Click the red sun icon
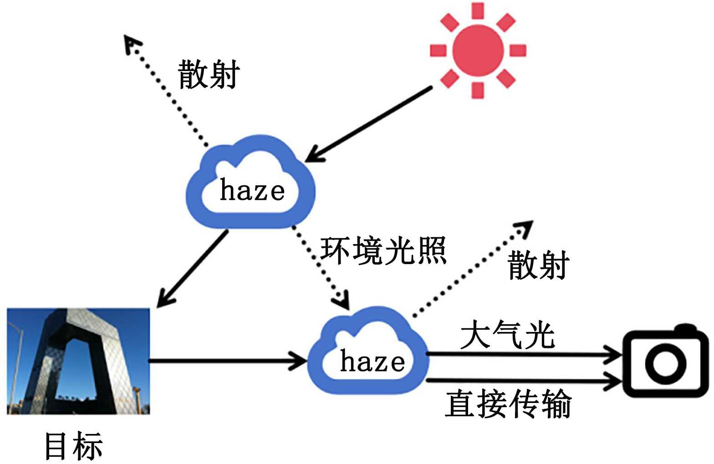click(478, 50)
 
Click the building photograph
click(78, 361)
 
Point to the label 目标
click(73, 445)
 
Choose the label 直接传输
click(508, 403)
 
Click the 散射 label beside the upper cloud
click(209, 74)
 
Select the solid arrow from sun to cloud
click(369, 124)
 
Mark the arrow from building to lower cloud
click(228, 361)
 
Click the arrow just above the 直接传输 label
click(524, 379)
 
